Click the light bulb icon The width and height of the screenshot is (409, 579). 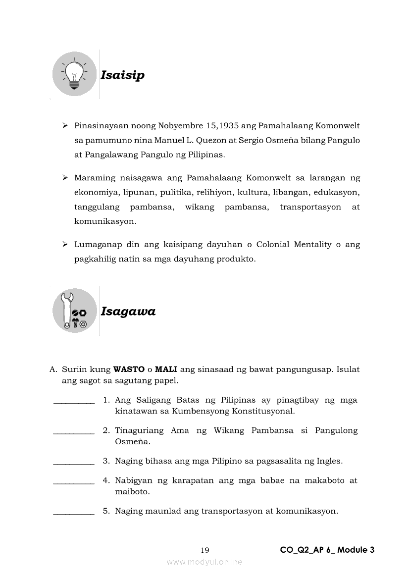75,74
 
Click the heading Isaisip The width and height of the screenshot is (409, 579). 122,75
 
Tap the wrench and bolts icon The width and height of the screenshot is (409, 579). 75,311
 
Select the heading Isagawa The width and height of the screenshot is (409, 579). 128,312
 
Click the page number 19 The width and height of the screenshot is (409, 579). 205,550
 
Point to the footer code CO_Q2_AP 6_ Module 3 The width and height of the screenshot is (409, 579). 327,550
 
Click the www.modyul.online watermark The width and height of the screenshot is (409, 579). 204,562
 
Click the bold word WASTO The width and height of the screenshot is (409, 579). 128,369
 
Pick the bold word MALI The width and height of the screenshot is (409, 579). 166,369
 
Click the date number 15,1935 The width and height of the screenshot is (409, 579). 221,126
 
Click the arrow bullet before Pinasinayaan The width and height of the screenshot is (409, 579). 65,126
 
